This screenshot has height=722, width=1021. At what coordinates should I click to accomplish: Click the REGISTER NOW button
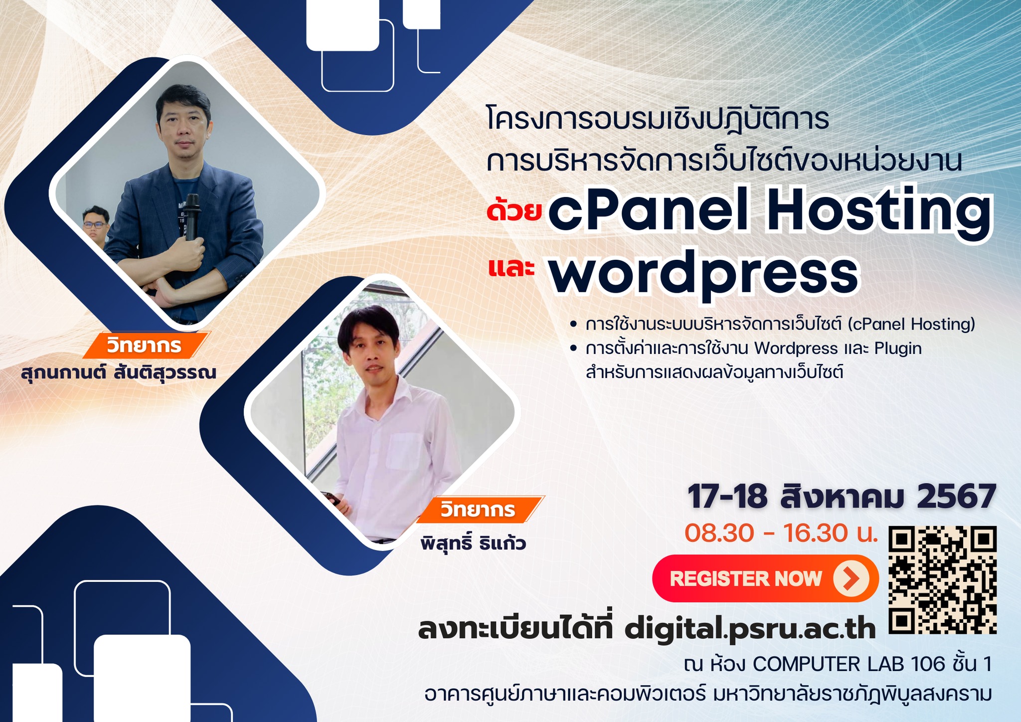pos(765,578)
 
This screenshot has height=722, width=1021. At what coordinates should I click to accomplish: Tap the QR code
pos(943,580)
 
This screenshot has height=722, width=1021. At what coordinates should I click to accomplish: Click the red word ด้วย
pos(514,209)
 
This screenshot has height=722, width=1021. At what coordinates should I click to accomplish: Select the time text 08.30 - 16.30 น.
pos(781,533)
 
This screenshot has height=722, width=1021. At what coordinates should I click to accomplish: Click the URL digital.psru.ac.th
pos(750,630)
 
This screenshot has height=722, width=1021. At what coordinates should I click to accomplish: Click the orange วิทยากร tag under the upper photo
pos(145,345)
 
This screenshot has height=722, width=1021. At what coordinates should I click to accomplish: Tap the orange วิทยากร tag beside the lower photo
pos(479,510)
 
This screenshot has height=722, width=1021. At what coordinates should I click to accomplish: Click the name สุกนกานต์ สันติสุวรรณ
pos(119,372)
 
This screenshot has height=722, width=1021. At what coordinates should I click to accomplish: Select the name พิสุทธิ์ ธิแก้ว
pos(473,542)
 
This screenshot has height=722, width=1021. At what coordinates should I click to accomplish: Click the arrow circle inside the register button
pos(851,578)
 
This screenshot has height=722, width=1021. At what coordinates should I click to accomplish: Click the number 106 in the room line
pos(928,664)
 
